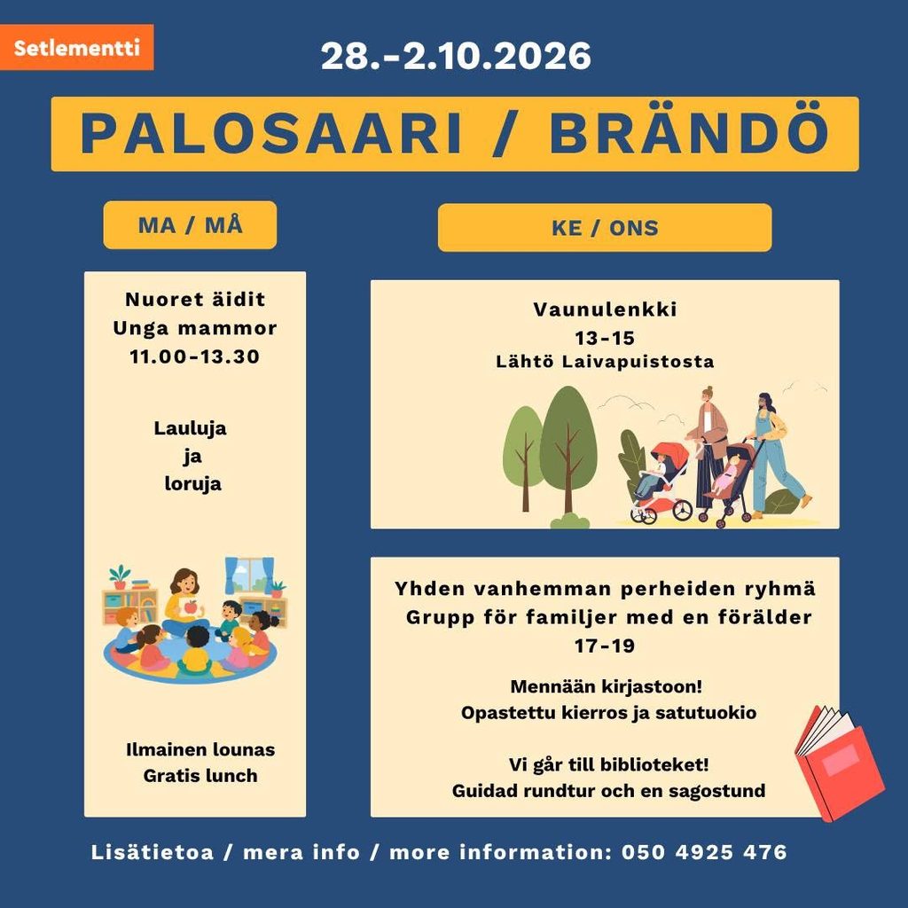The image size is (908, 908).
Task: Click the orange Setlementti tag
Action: pyautogui.click(x=76, y=48)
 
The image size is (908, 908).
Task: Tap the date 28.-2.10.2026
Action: pyautogui.click(x=456, y=56)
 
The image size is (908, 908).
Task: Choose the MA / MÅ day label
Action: pyautogui.click(x=190, y=225)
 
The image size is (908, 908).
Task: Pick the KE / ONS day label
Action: pyautogui.click(x=605, y=228)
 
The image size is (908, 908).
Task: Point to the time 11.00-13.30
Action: pyautogui.click(x=194, y=356)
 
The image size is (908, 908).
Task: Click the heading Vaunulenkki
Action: pyautogui.click(x=605, y=309)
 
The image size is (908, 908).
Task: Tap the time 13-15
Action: pyautogui.click(x=605, y=338)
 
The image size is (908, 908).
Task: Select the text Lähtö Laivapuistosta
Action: pyautogui.click(x=605, y=362)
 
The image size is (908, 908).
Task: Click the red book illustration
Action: pyautogui.click(x=839, y=763)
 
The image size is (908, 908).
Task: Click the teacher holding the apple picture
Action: pyautogui.click(x=184, y=602)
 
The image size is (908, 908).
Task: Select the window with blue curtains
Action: pyautogui.click(x=249, y=575)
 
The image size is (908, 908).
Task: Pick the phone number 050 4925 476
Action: pyautogui.click(x=704, y=852)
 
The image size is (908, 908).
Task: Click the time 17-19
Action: pyautogui.click(x=605, y=646)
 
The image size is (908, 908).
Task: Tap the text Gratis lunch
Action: pyautogui.click(x=200, y=775)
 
